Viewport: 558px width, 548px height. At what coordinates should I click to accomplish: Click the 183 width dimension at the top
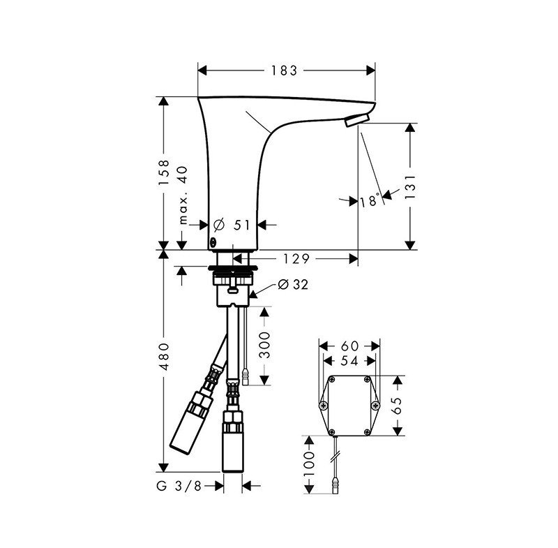coord(285,70)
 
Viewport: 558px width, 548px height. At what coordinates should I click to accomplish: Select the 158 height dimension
coord(164,172)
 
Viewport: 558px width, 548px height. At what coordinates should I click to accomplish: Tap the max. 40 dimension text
coord(183,195)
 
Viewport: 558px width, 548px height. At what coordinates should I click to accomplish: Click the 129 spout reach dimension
coord(297,258)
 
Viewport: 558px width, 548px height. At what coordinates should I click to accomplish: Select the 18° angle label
coord(370,201)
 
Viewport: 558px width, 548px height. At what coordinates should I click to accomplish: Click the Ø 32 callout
coord(293,284)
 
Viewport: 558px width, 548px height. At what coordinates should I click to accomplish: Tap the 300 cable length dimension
coord(265,346)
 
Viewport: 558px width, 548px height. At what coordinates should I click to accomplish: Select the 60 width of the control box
coord(350,345)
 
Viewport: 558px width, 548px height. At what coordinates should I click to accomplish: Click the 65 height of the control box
coord(398,404)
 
